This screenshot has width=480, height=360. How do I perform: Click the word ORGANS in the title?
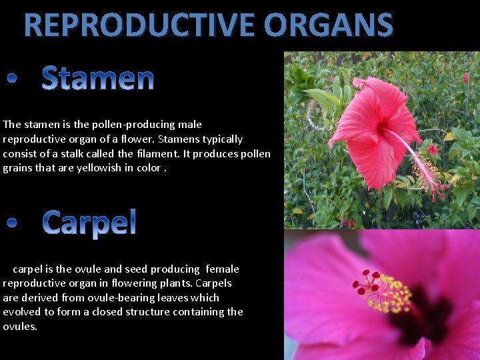pos(328,25)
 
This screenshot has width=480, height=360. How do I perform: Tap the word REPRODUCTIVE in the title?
pos(141,25)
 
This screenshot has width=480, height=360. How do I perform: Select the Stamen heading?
pos(98,79)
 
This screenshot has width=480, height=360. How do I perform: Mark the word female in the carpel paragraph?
pos(222,269)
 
